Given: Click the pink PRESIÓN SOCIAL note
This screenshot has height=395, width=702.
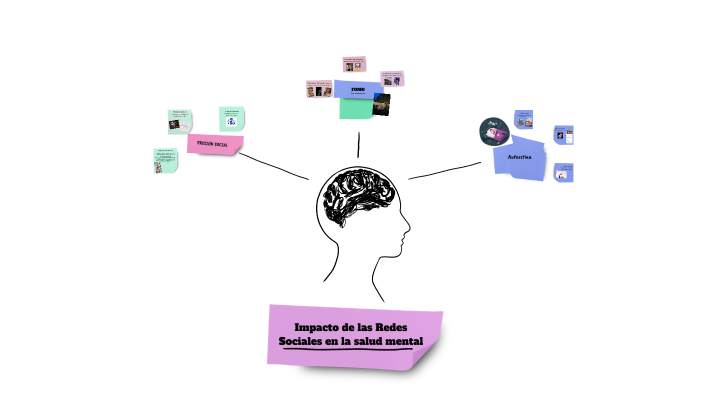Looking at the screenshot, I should [x=215, y=144].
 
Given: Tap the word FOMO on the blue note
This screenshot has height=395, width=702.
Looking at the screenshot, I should [x=358, y=89].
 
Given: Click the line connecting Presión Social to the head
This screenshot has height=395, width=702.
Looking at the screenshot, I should [x=275, y=165].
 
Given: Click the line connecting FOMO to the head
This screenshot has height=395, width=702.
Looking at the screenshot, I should [x=358, y=143].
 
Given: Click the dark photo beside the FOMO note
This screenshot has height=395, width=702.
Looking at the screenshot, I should [x=381, y=103].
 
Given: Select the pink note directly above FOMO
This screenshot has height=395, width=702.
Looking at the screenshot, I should [x=354, y=64].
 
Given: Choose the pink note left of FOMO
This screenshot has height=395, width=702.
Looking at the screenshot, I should [x=319, y=89].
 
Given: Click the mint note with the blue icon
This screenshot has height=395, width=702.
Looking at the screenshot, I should [x=231, y=118].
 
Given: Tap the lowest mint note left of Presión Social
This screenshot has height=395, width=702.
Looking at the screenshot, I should [x=165, y=160].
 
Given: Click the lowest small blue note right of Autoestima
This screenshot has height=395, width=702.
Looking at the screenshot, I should [x=563, y=172].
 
